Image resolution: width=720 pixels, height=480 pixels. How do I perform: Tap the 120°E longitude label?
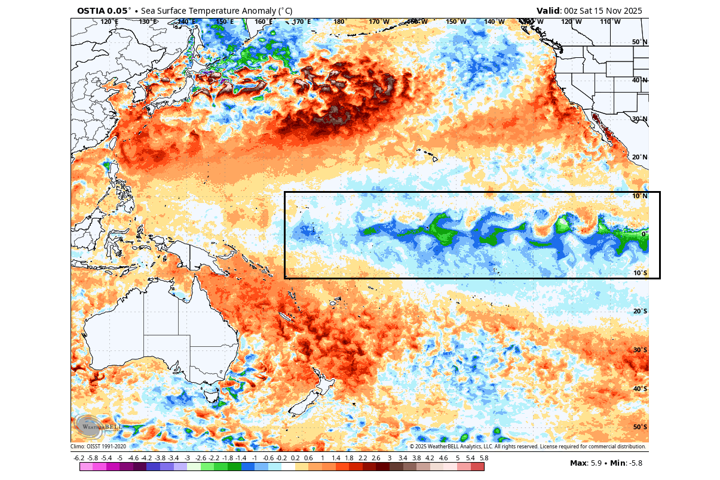coord(109,22)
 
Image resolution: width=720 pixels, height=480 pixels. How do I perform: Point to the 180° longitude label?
coord(340,22)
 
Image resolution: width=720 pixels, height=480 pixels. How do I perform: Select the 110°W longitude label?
coord(610,22)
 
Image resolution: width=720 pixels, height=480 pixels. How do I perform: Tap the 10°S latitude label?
coord(639,273)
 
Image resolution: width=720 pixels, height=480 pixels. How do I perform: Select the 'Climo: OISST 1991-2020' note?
coord(99,447)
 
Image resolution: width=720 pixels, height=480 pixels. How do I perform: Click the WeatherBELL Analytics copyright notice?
coord(528,447)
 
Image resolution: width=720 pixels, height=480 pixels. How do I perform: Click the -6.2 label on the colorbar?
coord(79,458)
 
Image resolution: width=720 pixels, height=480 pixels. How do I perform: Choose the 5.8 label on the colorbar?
coord(484,458)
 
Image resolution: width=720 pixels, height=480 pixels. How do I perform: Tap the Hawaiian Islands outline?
coord(431,156)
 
